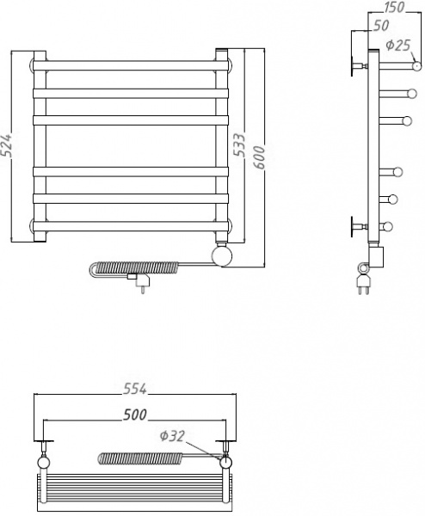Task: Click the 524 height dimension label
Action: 7,144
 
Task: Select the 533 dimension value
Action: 239,144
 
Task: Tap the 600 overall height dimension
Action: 260,157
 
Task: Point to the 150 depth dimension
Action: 394,7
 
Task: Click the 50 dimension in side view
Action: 381,25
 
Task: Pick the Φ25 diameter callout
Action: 398,45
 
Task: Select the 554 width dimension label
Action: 135,389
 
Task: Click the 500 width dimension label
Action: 135,415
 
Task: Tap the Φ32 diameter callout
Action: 172,436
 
